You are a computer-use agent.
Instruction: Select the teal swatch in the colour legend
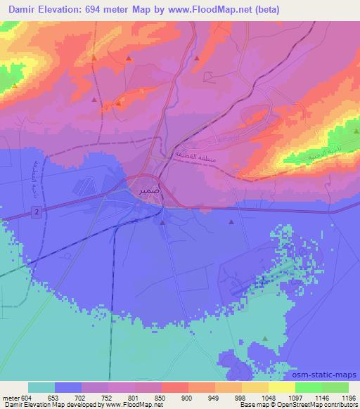41,387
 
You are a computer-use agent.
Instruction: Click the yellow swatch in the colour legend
282,387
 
